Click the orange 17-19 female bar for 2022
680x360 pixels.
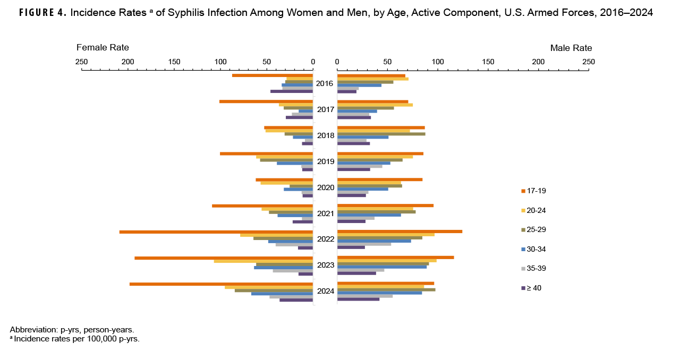216,232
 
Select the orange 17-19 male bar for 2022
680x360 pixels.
399,232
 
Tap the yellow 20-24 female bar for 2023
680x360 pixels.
263,261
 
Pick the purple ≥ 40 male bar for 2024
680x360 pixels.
358,299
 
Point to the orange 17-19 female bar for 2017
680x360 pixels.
266,101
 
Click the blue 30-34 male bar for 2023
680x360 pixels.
381,267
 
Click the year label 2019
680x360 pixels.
325,161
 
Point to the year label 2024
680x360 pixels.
325,291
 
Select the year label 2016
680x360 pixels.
325,83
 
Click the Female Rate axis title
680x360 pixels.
103,48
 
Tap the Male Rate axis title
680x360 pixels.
571,48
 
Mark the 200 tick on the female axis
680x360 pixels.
127,62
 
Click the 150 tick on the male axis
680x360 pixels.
488,62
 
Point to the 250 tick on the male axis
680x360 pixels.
588,62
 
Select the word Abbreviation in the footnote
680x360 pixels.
32,329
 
